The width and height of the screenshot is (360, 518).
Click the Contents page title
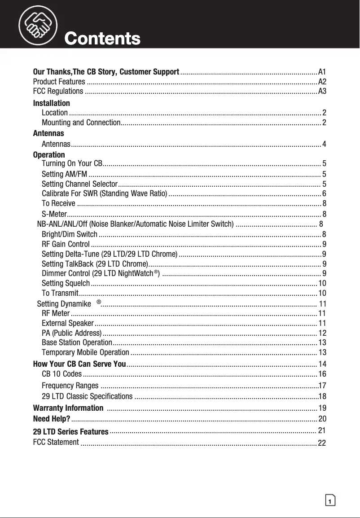click(102, 39)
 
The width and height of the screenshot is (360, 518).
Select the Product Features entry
click(59, 82)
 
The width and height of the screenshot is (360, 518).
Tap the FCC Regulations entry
click(58, 92)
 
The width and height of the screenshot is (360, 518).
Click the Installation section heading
click(52, 103)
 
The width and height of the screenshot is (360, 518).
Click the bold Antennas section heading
click(48, 133)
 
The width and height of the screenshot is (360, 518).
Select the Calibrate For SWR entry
click(104, 193)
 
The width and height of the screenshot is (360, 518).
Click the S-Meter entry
click(54, 214)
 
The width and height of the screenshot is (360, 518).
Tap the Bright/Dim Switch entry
click(69, 234)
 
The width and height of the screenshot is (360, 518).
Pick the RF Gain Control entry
click(66, 244)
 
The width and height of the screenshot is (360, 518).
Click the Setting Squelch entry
click(66, 283)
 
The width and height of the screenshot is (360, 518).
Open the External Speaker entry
click(67, 323)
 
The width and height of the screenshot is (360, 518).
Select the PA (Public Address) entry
click(71, 333)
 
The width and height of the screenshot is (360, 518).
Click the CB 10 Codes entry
click(61, 374)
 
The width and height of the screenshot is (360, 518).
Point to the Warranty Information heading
click(68, 408)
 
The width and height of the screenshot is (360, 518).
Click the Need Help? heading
click(52, 419)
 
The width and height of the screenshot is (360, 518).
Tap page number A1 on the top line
click(322, 72)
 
